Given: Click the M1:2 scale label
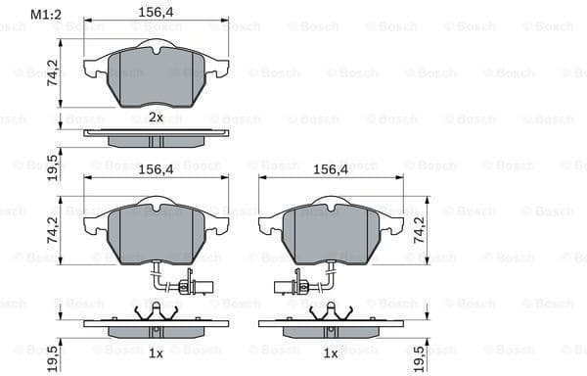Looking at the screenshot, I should [45, 14].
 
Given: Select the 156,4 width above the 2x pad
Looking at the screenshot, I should [156, 14].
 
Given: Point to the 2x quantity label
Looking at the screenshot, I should [156, 117].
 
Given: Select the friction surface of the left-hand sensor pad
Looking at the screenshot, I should [156, 235].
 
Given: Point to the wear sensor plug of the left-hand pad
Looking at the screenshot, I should [207, 288].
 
